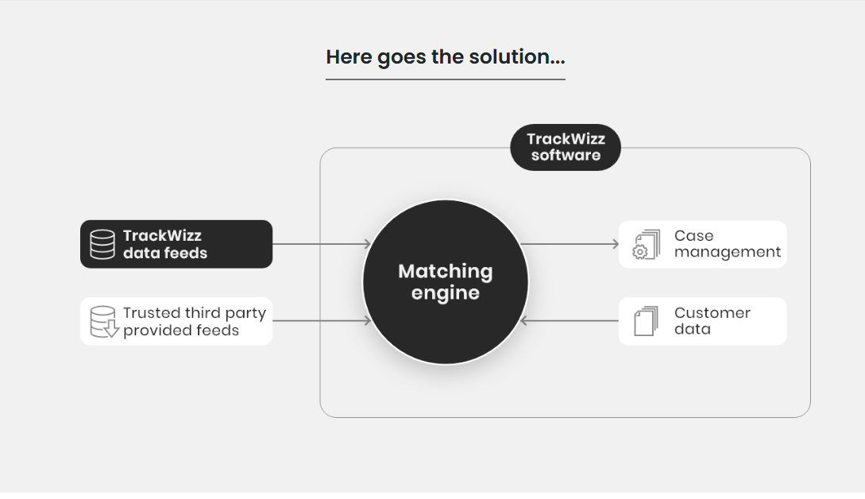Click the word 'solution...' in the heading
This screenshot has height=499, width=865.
(x=517, y=57)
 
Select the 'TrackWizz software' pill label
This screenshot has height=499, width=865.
(x=566, y=147)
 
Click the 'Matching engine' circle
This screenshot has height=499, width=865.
(x=445, y=282)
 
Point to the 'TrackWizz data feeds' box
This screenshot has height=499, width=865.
(x=176, y=244)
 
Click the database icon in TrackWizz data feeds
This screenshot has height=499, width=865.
(x=102, y=244)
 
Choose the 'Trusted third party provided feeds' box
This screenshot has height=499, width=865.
(x=176, y=321)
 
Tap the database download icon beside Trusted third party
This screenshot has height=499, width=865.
(x=104, y=322)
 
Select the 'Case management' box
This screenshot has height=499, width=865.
(x=702, y=244)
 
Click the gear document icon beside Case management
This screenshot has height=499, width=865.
(x=646, y=245)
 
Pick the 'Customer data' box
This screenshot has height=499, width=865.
(x=702, y=321)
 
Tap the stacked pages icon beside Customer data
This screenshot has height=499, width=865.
(x=646, y=321)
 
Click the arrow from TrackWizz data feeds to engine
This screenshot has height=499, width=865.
(x=322, y=243)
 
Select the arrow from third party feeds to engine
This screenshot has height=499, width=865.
(x=322, y=321)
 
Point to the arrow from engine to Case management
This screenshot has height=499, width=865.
(x=570, y=243)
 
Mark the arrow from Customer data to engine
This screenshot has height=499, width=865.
(x=570, y=321)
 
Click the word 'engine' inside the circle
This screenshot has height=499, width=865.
(x=445, y=293)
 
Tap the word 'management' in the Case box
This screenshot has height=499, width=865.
(x=728, y=252)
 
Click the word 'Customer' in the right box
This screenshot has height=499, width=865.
(x=712, y=313)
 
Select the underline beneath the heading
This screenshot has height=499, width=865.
(x=445, y=79)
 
